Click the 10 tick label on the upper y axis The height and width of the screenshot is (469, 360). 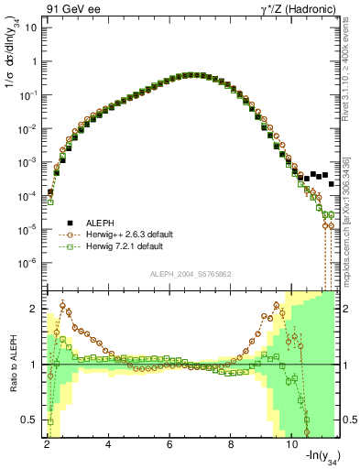(30, 27)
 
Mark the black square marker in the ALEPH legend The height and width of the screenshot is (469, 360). (70, 223)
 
